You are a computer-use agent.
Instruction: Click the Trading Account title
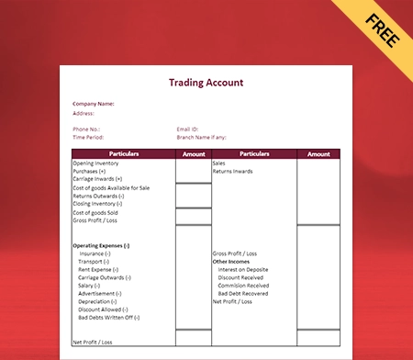[x=206, y=83]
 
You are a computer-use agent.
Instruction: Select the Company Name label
[x=94, y=104]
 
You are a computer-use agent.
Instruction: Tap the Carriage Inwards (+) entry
[x=97, y=179]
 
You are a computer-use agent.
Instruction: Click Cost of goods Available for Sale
[x=110, y=188]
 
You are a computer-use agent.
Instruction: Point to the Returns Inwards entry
[x=233, y=172]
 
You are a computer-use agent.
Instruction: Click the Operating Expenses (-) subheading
[x=101, y=245]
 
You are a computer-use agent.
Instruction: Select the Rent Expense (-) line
[x=98, y=269]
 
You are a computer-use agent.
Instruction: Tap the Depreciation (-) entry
[x=97, y=301]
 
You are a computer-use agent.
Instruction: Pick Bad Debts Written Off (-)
[x=108, y=317]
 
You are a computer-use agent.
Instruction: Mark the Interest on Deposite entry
[x=243, y=269]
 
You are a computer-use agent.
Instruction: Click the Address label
[x=84, y=113]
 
